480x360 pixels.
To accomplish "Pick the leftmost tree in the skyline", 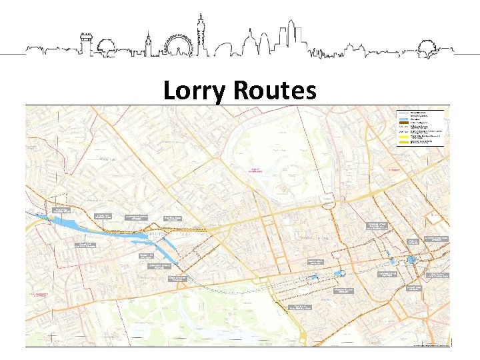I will pyautogui.click(x=105, y=47).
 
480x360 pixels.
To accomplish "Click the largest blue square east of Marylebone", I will pyautogui.click(x=411, y=259).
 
